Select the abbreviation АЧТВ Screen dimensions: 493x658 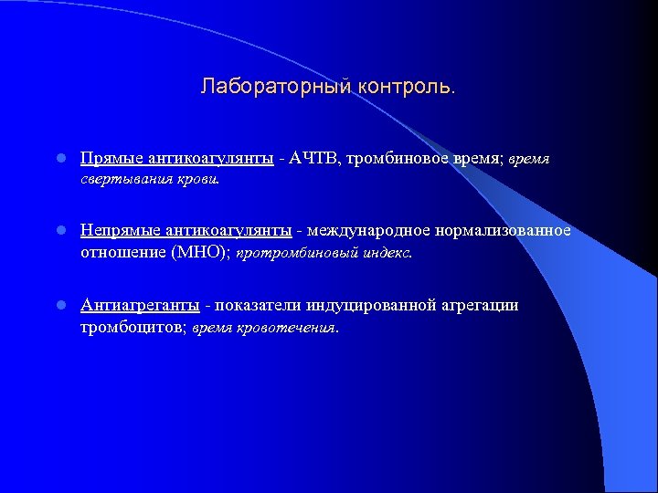(313, 158)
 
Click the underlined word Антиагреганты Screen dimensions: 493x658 (139, 305)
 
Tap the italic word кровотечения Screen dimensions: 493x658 (289, 327)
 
